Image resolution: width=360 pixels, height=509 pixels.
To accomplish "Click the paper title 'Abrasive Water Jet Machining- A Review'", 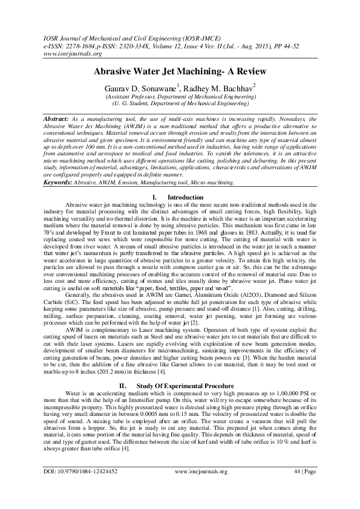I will coord(180,71).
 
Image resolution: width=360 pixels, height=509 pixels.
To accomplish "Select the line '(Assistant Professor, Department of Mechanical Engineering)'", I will coord(180,97).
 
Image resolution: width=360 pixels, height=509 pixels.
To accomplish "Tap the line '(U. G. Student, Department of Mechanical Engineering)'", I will coord(180,103).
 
